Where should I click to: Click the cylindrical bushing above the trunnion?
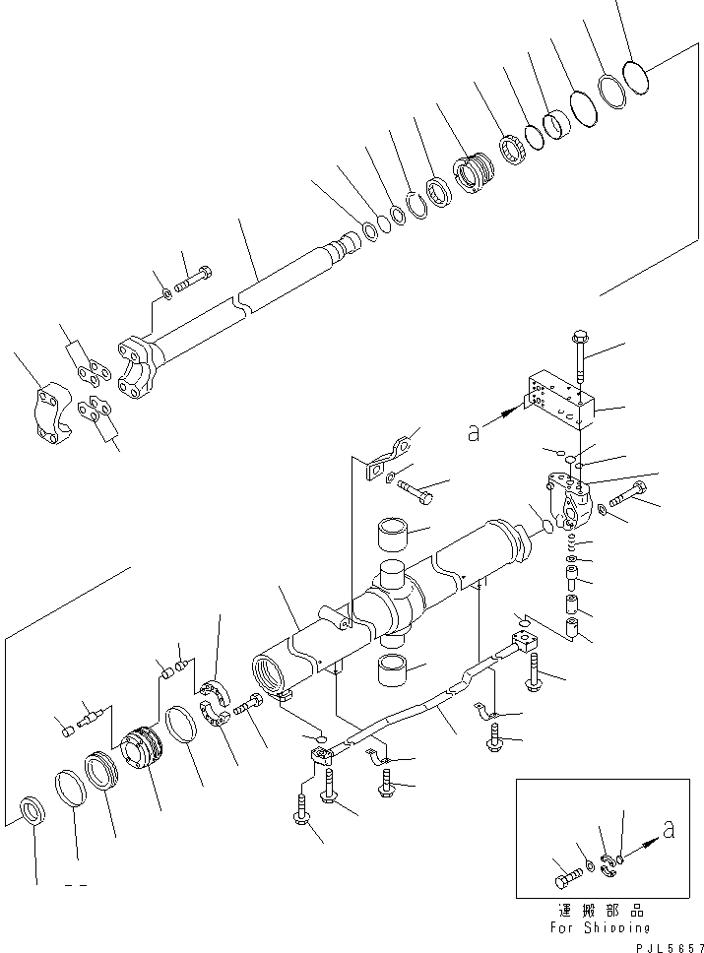[x=396, y=536]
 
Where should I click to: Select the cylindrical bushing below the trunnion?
[x=397, y=671]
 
